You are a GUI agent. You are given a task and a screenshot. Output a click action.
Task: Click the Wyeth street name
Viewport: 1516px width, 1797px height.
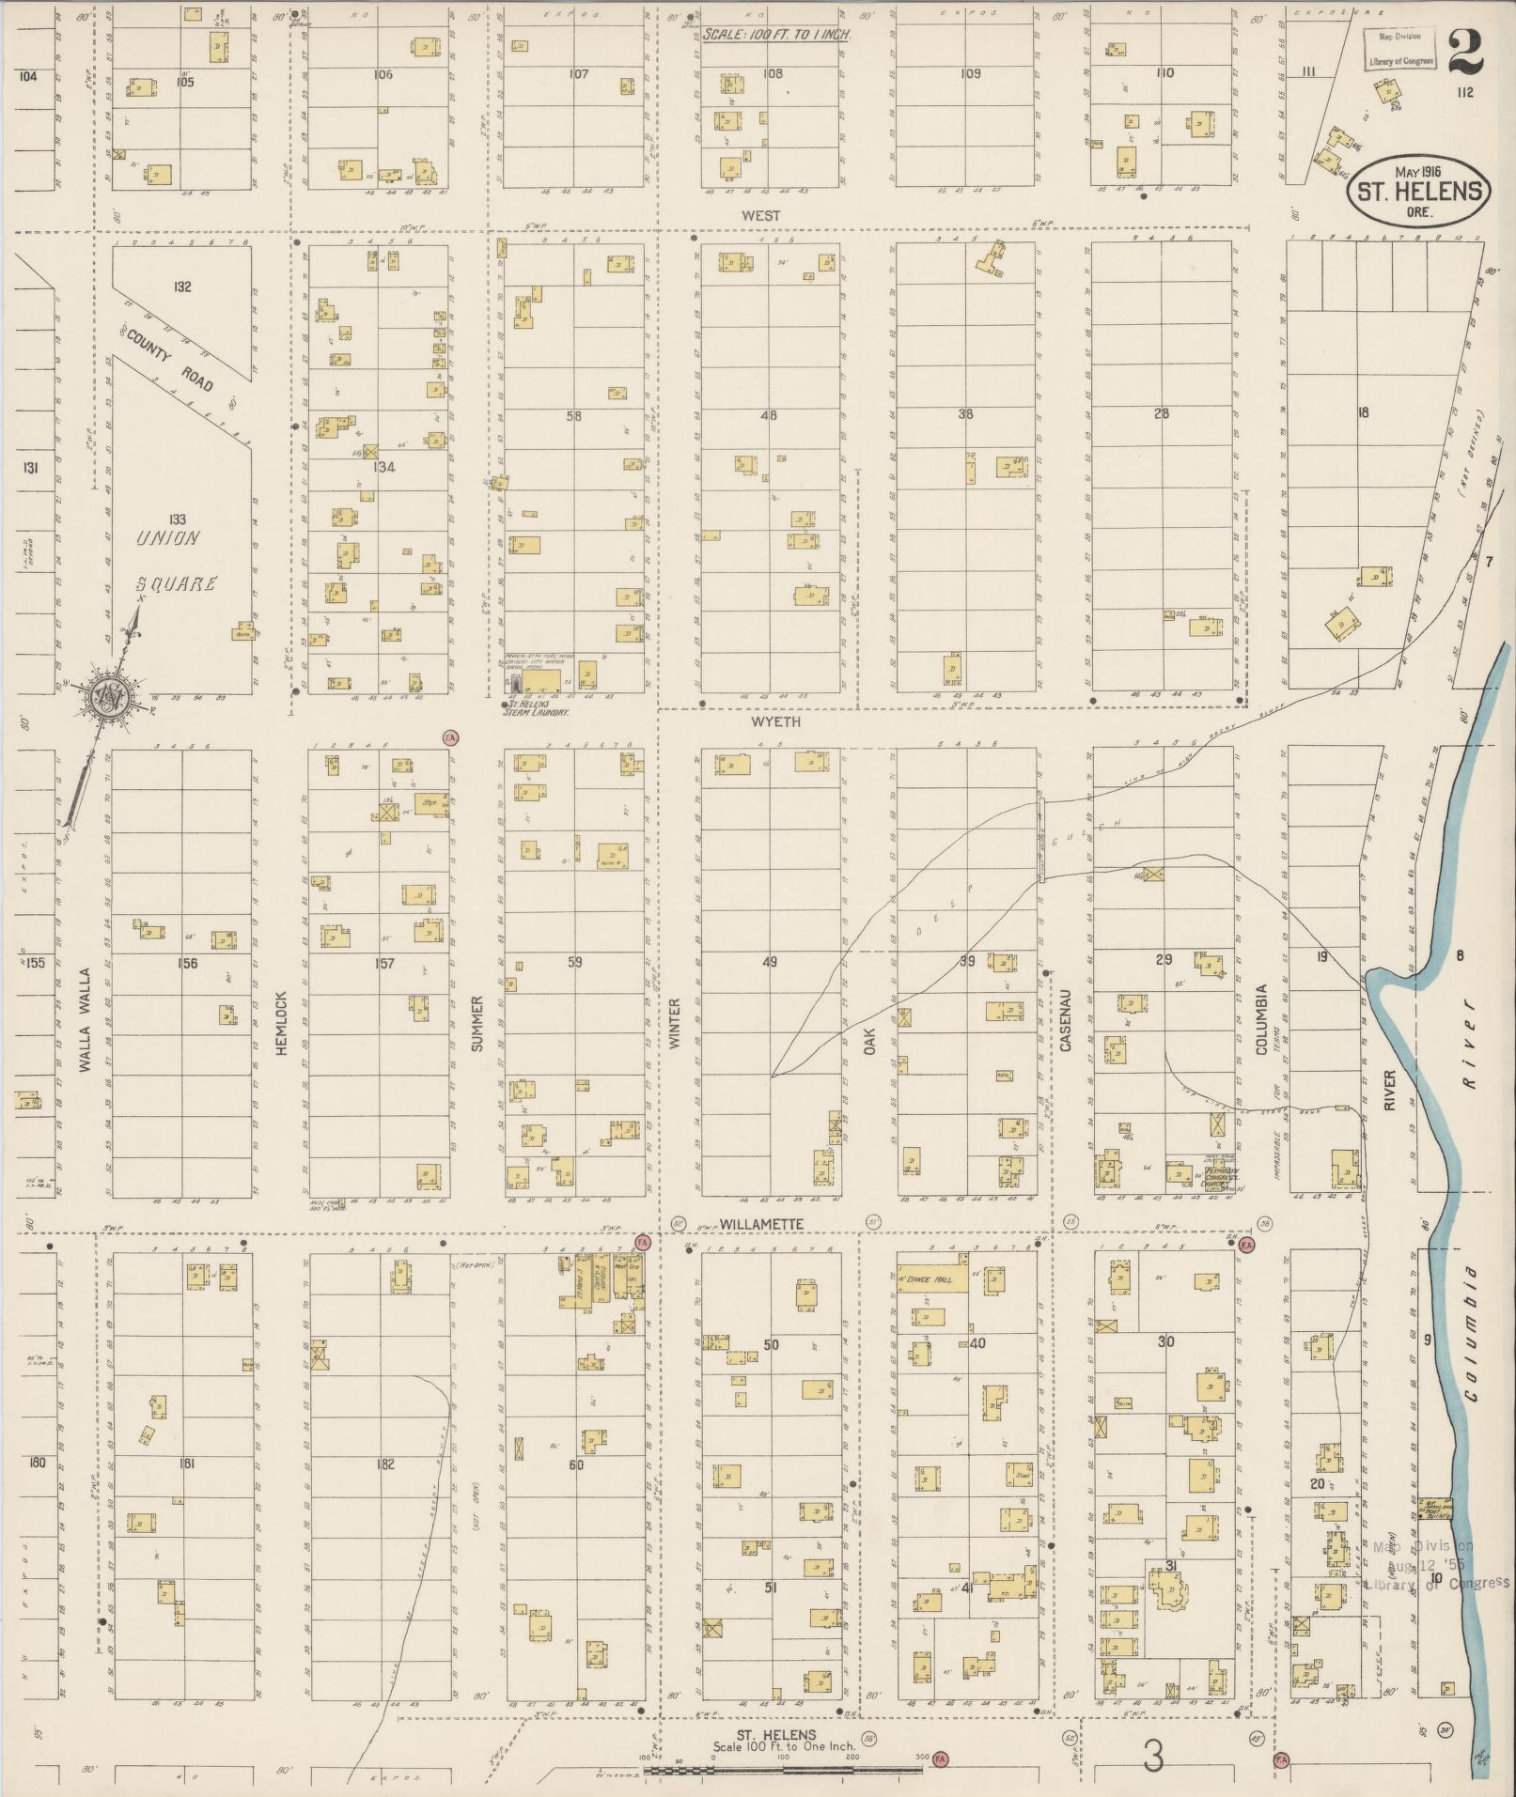click(775, 721)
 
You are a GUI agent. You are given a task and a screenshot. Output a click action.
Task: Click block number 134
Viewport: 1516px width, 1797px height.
click(383, 467)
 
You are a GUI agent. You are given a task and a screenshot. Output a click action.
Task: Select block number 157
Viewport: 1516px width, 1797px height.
click(384, 963)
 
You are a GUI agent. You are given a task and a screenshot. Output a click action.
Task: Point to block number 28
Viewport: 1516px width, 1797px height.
click(1162, 413)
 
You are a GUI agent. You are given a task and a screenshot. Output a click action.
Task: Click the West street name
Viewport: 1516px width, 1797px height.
click(760, 215)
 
